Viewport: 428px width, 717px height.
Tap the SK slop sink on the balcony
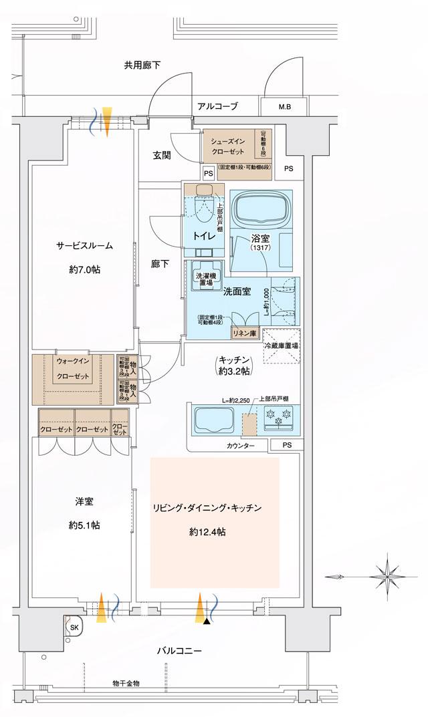[x=74, y=628]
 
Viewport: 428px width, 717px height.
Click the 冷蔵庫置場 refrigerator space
[x=282, y=347]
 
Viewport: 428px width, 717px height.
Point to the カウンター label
[x=241, y=446]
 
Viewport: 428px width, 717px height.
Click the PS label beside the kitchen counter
[x=287, y=445]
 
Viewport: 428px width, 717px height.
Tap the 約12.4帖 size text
[x=207, y=533]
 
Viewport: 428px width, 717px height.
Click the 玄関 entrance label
[x=161, y=155]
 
